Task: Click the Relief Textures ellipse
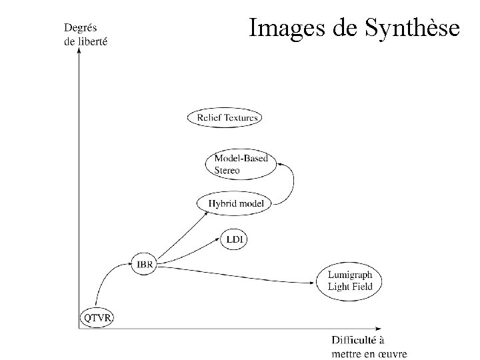click(x=223, y=118)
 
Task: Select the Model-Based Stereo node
click(x=241, y=164)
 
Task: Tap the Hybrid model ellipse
click(x=236, y=203)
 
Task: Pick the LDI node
click(x=235, y=239)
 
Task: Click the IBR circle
click(x=145, y=265)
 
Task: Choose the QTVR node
click(x=97, y=317)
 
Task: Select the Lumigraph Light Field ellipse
click(x=354, y=281)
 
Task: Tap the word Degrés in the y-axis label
click(x=80, y=28)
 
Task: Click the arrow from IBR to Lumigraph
click(x=240, y=275)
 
